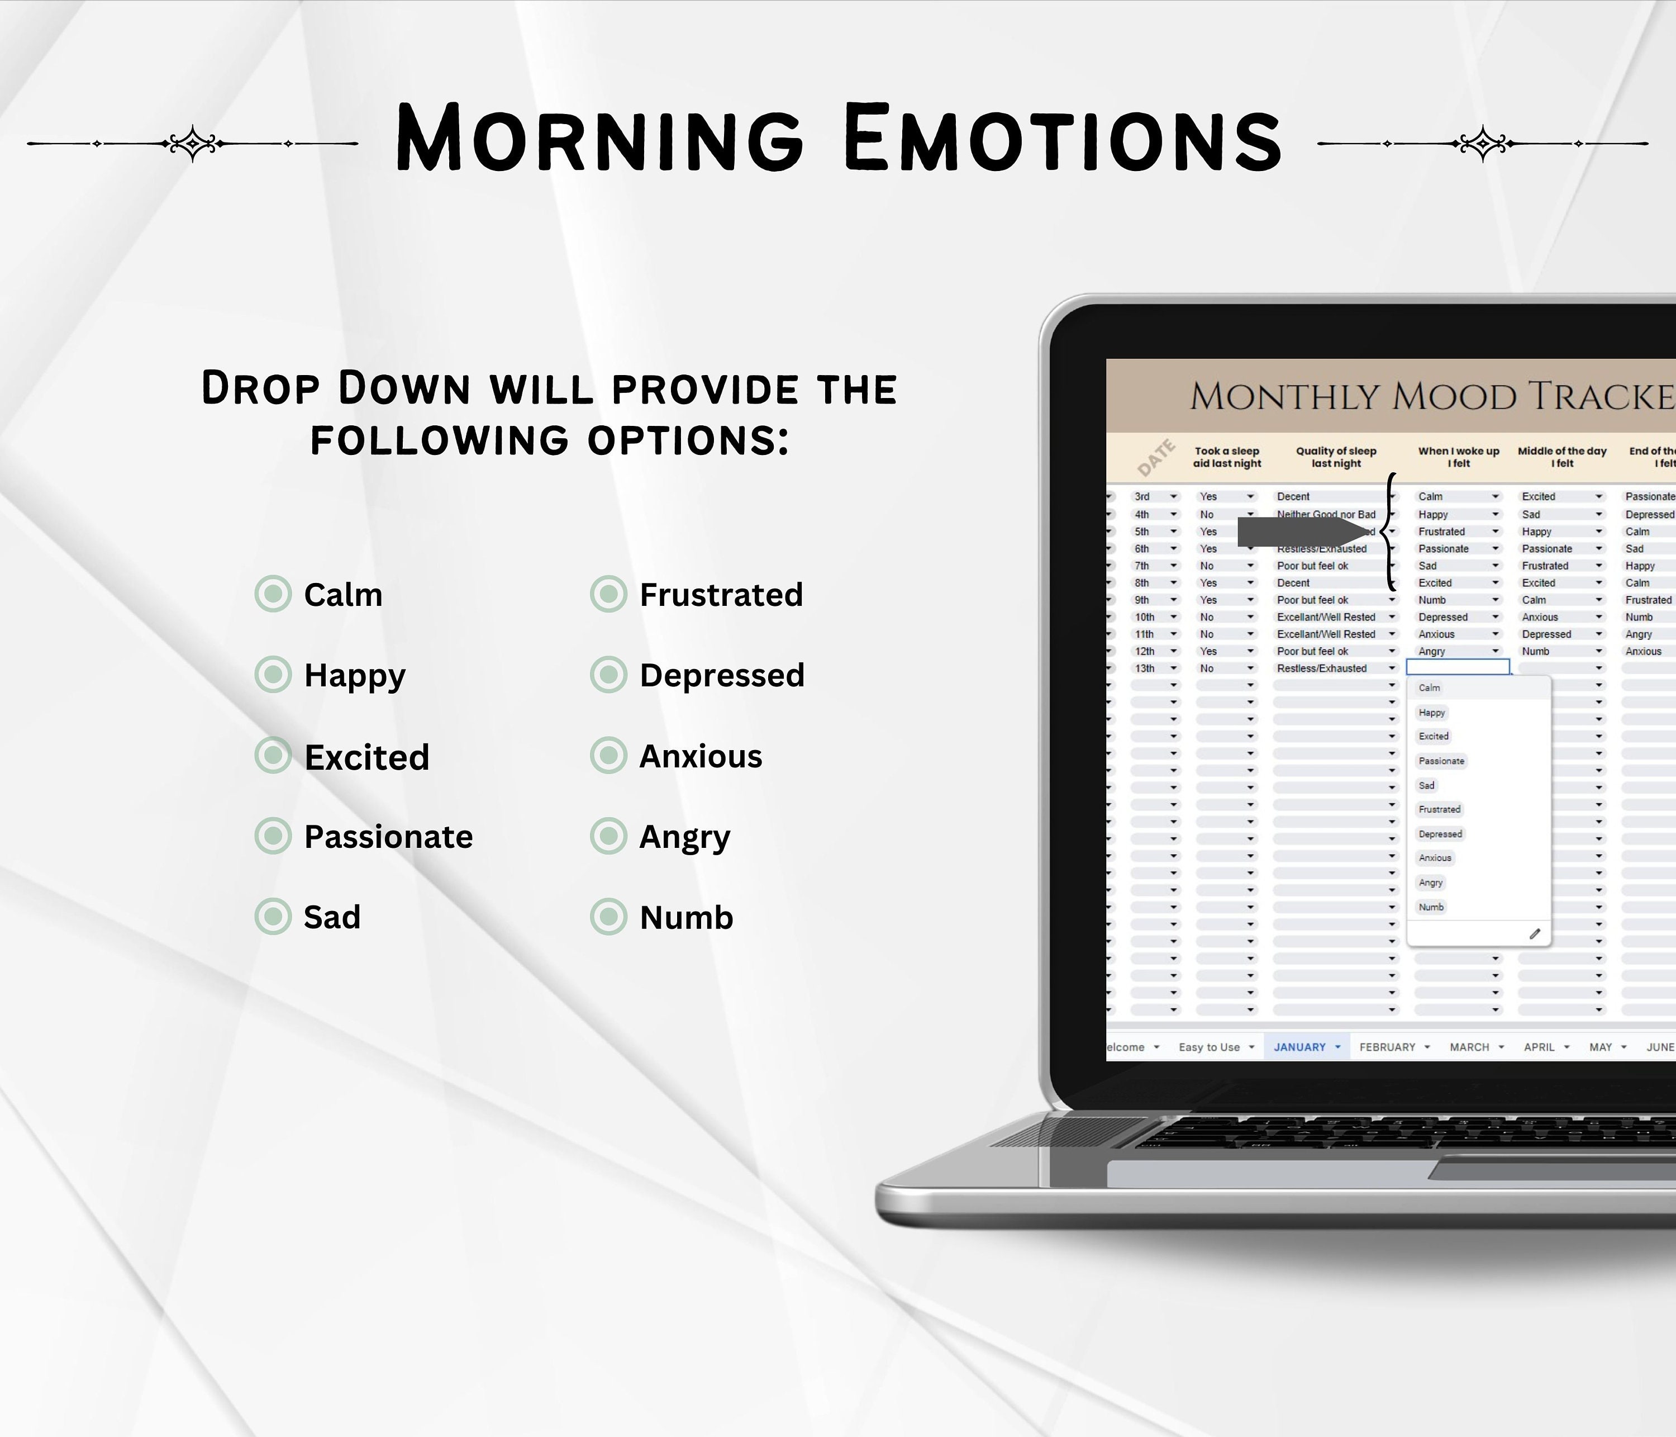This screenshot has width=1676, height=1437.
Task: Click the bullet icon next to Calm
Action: [x=273, y=594]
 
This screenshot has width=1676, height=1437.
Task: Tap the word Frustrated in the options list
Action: [x=721, y=595]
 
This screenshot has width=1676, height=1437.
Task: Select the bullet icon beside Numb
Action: [x=608, y=917]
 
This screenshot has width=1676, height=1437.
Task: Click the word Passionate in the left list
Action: [x=388, y=837]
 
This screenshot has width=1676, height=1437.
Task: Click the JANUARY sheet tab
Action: [x=1300, y=1047]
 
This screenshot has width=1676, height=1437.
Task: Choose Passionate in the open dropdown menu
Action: [x=1441, y=761]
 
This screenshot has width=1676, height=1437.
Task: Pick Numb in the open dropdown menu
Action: [x=1431, y=907]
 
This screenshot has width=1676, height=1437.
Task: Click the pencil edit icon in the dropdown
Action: [x=1535, y=934]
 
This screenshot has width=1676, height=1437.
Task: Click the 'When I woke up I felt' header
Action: [x=1459, y=457]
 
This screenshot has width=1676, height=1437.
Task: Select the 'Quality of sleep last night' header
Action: [x=1336, y=457]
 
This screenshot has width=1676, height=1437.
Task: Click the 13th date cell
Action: [x=1145, y=668]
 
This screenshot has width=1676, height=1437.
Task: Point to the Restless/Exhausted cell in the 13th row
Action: [x=1322, y=668]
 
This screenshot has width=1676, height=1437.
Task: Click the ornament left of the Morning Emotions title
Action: [x=193, y=143]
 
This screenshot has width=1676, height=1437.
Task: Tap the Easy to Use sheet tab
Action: [x=1210, y=1047]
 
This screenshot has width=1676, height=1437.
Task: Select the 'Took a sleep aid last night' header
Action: [x=1227, y=457]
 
